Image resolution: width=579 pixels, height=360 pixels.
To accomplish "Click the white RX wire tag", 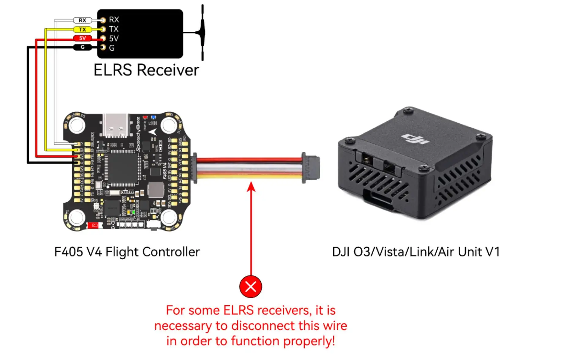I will tap(82, 21).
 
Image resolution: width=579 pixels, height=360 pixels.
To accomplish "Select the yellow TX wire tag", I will tap(82, 30).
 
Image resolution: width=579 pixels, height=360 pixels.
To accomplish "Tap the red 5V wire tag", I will tap(82, 38).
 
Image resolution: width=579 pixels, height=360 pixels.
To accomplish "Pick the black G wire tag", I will tap(82, 47).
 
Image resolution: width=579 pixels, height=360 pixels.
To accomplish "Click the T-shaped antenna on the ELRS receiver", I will tap(202, 32).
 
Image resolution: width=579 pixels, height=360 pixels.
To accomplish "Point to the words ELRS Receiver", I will tap(146, 70).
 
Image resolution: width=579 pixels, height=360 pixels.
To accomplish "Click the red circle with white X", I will tap(251, 287).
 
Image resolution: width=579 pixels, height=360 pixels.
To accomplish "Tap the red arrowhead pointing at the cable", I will tap(251, 186).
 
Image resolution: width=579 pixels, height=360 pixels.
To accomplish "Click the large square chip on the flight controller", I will tap(122, 169).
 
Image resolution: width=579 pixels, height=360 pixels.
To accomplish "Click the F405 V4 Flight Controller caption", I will tap(127, 252).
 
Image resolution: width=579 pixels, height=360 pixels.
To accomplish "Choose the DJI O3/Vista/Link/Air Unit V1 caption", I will tap(416, 252).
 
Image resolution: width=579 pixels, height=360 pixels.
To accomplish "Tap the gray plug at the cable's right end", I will tap(311, 168).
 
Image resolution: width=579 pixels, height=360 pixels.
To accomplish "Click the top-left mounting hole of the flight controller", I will tap(77, 125).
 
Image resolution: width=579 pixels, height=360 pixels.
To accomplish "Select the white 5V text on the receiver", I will tap(114, 39).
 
